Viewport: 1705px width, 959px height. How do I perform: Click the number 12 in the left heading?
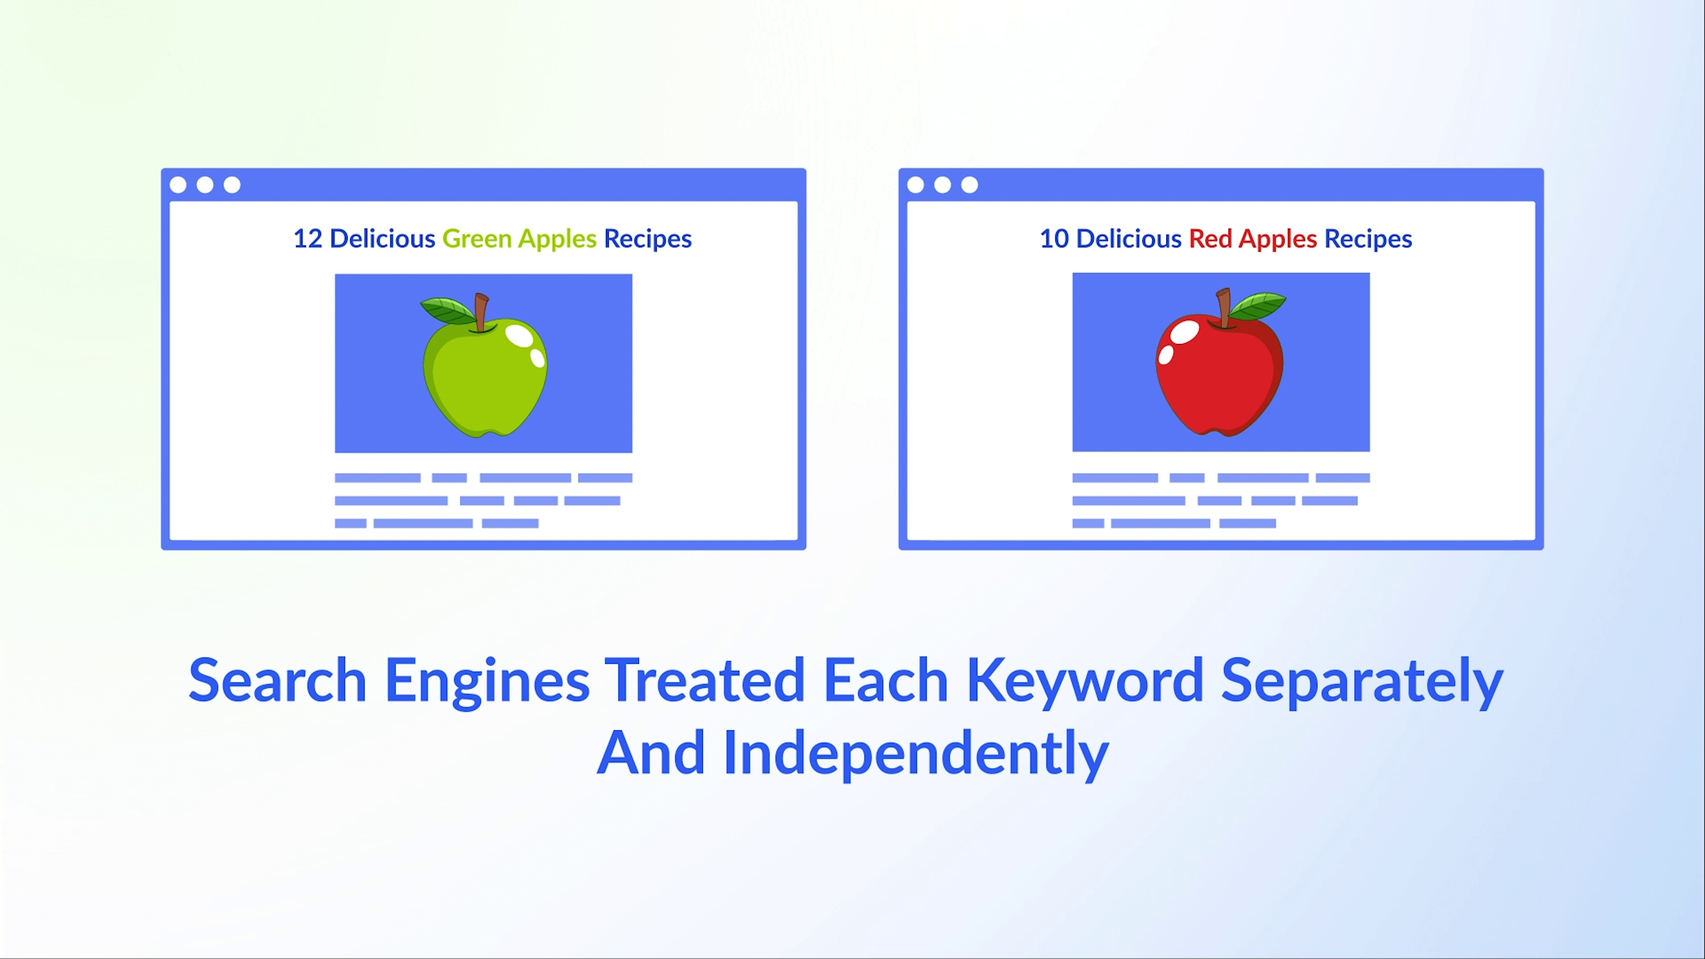coord(307,239)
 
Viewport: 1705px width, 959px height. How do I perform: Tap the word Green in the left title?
coord(476,239)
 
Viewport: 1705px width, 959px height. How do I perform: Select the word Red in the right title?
coord(1210,239)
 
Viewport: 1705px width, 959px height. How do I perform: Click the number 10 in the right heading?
coord(1054,239)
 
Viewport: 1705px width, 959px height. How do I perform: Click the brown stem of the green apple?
coord(481,313)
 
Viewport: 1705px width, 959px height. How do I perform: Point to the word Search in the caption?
coord(278,680)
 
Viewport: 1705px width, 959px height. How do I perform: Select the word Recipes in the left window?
coord(648,239)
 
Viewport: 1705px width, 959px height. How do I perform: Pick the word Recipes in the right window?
coord(1368,239)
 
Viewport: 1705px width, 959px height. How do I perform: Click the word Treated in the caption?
coord(705,680)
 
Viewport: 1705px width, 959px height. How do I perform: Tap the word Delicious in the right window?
coord(1129,239)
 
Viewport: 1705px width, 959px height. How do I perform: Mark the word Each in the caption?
coord(886,680)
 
